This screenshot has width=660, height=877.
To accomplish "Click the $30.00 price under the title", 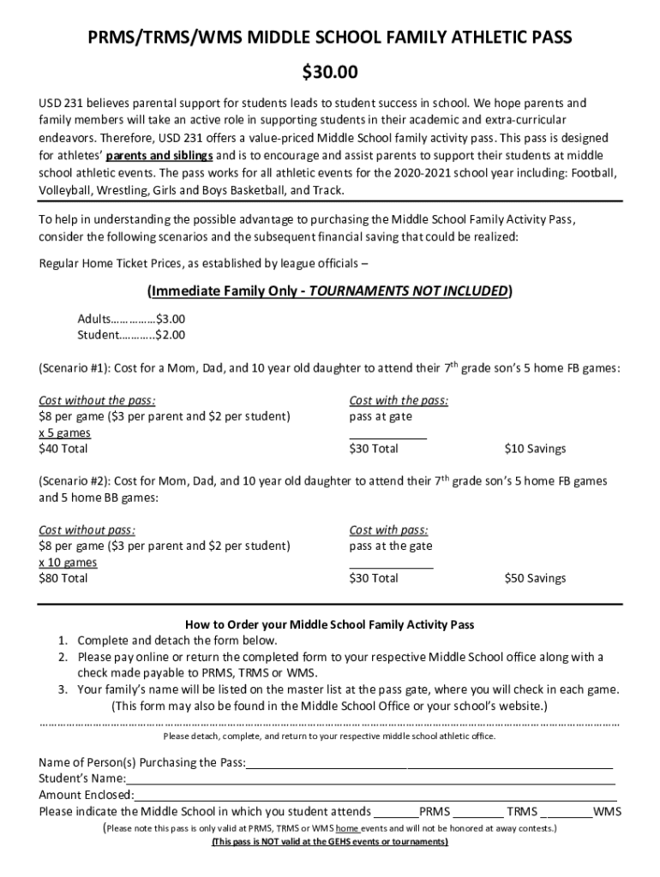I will [330, 70].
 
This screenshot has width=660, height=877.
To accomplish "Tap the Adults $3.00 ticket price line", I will [131, 319].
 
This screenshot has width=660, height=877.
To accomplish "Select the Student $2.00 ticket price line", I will [131, 335].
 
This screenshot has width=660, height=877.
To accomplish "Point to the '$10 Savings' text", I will [535, 449].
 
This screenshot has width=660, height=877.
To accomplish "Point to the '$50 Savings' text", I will [535, 578].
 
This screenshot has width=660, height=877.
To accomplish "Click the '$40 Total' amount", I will [63, 449].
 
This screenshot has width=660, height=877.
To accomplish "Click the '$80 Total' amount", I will [63, 578].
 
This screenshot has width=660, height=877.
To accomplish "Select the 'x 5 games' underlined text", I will [65, 433].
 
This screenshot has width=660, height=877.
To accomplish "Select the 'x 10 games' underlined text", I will [68, 562].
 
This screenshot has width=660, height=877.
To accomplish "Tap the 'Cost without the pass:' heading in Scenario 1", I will [97, 400].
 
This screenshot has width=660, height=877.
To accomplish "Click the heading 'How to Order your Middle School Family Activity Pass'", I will [330, 625].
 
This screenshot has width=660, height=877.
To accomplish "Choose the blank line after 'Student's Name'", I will [370, 779].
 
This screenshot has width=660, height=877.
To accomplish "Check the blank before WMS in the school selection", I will [570, 812].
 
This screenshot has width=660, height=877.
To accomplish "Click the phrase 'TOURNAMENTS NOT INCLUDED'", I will [409, 290].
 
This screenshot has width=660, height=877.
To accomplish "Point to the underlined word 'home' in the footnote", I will [347, 829].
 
